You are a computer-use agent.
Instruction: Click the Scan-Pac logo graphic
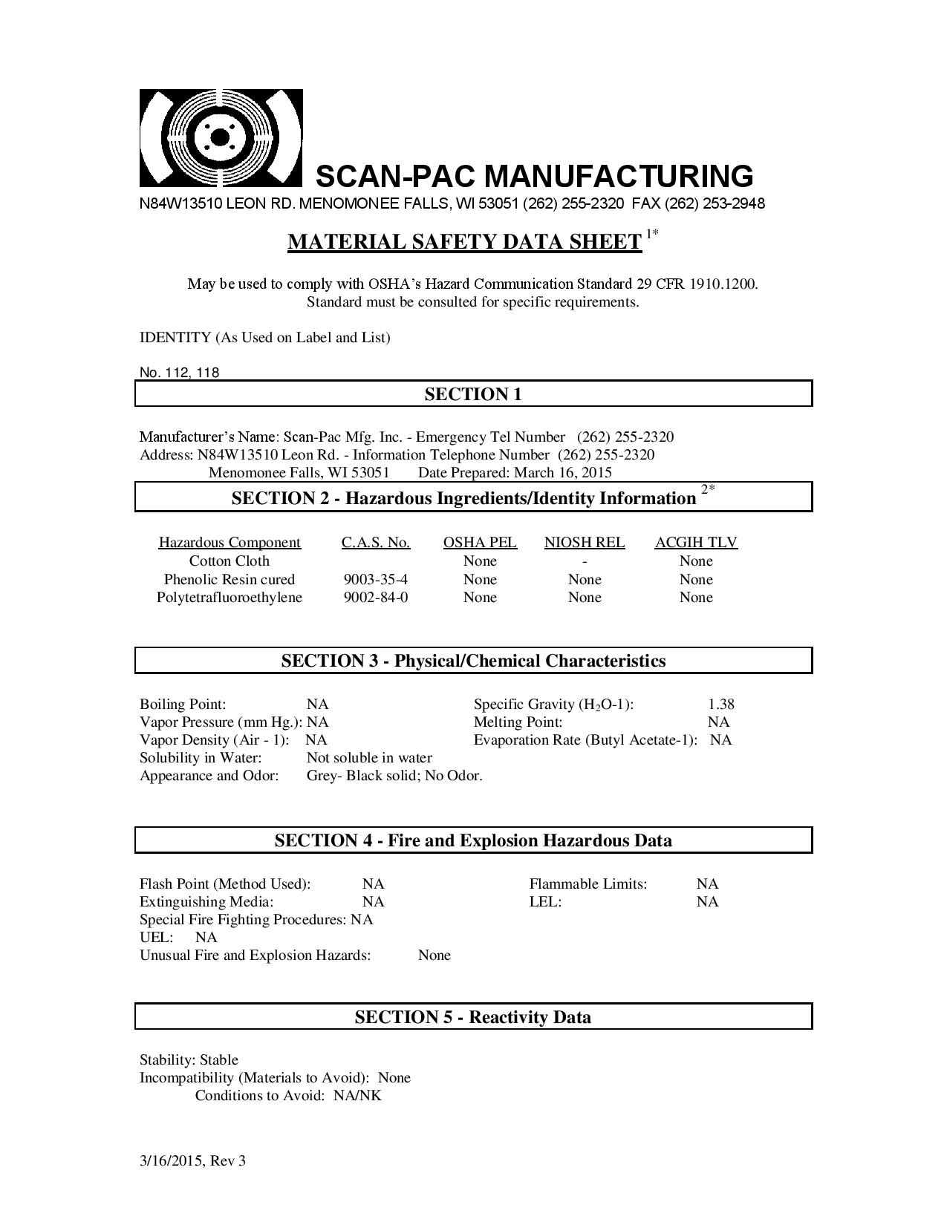[x=221, y=138]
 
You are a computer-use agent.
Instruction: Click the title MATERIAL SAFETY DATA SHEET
[x=464, y=242]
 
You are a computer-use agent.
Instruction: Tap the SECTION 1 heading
[x=473, y=394]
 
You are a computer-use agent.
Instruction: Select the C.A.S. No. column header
[x=376, y=543]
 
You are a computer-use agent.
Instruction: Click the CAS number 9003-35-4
[x=376, y=579]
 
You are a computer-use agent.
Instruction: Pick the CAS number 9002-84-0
[x=376, y=597]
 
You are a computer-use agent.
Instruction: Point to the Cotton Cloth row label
[x=230, y=561]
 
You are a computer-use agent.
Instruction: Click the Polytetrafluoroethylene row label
[x=230, y=597]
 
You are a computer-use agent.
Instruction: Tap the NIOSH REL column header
[x=585, y=543]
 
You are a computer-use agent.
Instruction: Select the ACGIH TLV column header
[x=696, y=543]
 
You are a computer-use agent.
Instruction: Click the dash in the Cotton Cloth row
[x=585, y=562]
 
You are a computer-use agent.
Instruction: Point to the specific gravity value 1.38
[x=721, y=704]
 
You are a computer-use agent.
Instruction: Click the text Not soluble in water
[x=369, y=758]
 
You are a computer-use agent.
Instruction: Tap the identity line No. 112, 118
[x=180, y=373]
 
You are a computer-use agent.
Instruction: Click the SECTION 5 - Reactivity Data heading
[x=473, y=1017]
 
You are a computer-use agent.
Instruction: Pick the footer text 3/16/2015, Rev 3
[x=192, y=1161]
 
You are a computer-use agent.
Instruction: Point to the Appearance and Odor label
[x=209, y=776]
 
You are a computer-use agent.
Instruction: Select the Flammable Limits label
[x=588, y=884]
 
